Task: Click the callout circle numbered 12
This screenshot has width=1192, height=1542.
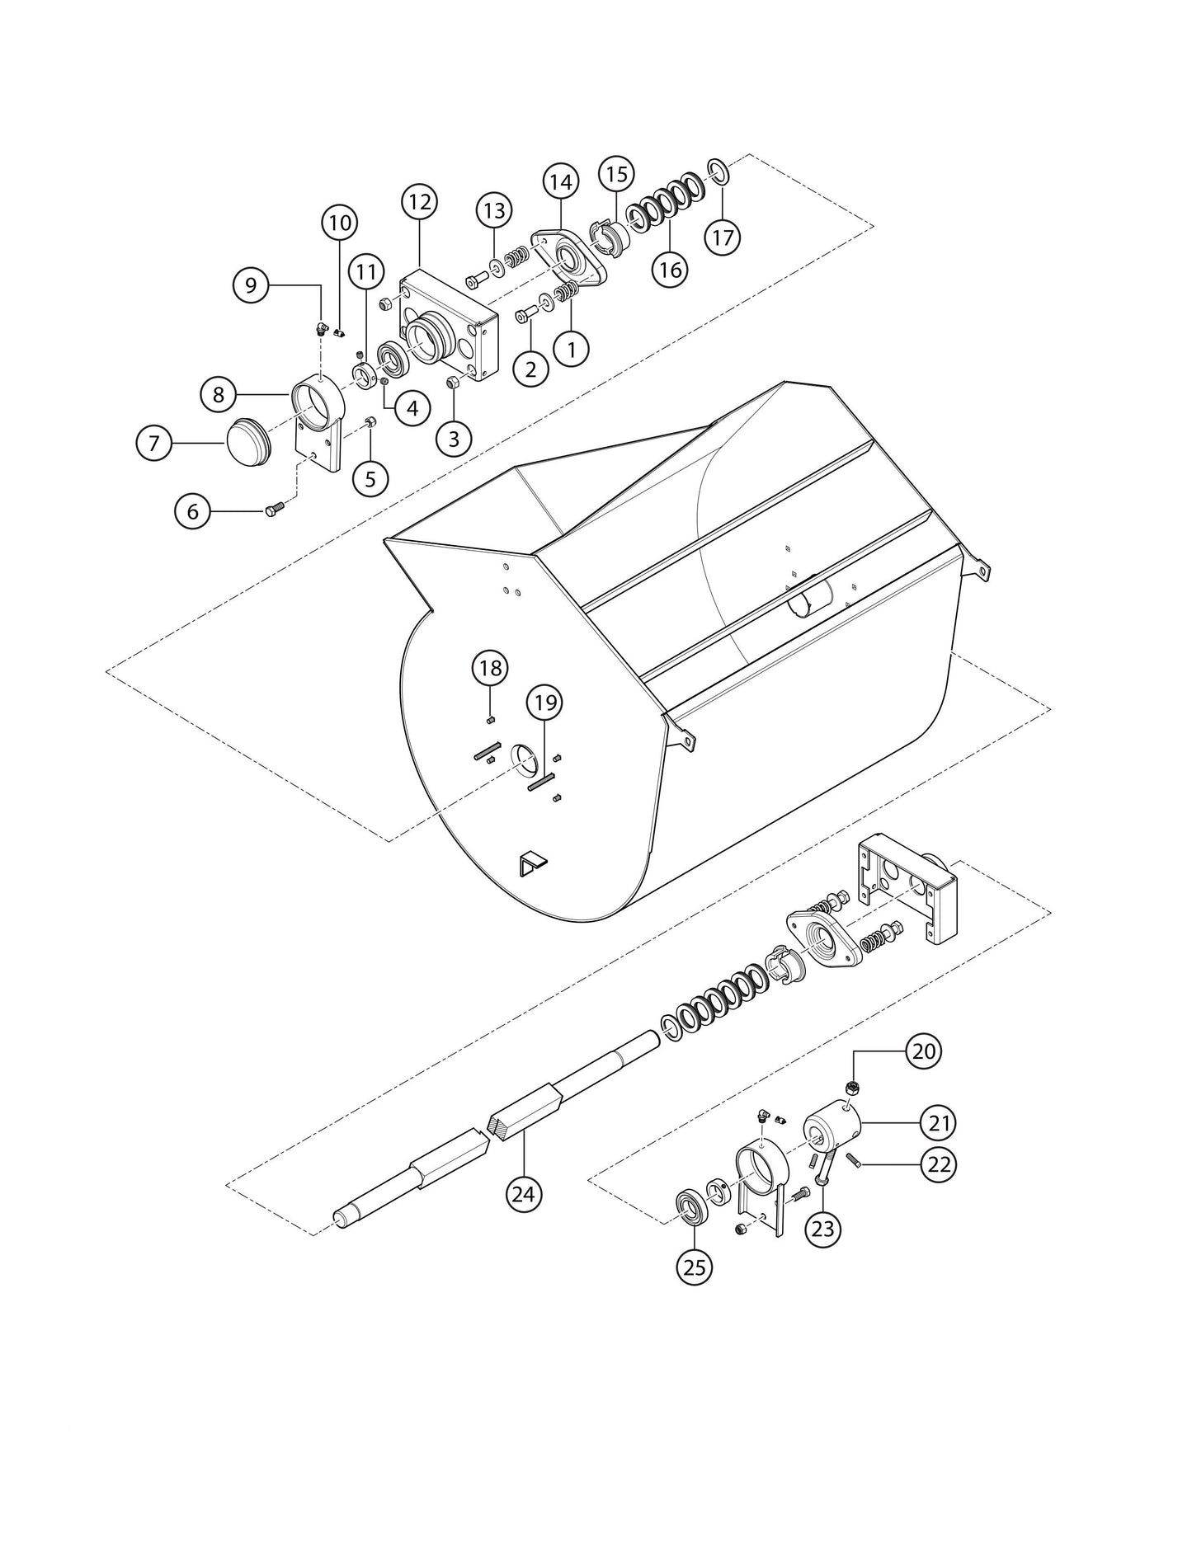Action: coord(419,201)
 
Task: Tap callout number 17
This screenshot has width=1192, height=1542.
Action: coord(722,237)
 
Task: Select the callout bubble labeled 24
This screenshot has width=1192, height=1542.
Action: coord(525,1193)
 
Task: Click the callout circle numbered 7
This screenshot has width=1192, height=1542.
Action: coord(154,443)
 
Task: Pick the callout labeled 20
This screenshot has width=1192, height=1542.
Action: coord(924,1051)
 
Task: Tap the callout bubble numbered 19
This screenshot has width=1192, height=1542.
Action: coord(545,703)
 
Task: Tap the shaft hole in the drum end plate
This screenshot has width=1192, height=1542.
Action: coord(522,757)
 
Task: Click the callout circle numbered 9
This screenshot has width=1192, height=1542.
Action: coord(251,285)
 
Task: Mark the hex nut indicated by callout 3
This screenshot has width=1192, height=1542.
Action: coord(453,383)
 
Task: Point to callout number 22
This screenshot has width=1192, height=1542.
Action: coord(940,1164)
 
